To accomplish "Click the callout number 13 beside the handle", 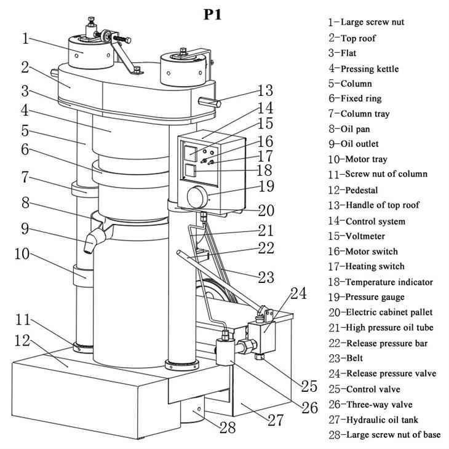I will tap(264, 92).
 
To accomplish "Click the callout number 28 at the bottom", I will tap(228, 427).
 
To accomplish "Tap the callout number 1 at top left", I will tap(25, 39).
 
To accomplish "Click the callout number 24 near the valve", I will tap(298, 294).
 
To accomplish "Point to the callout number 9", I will tap(25, 229).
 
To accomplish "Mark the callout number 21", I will tap(265, 231).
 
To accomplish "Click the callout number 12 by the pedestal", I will tap(24, 340).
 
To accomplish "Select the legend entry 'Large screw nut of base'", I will tap(384, 435).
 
